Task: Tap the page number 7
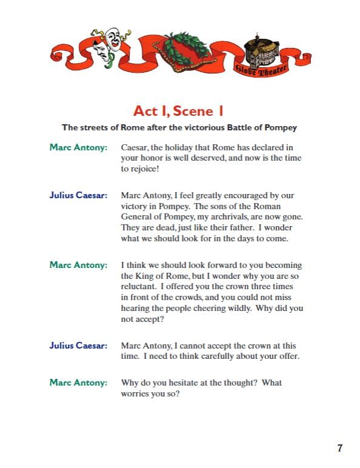click(340, 448)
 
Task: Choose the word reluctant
click(140, 287)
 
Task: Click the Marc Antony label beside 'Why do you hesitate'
click(78, 383)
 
